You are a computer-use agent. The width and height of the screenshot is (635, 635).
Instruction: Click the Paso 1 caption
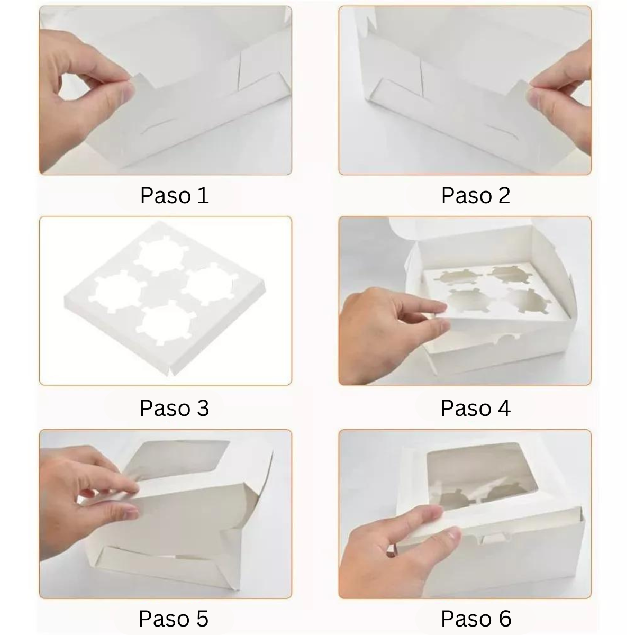175,196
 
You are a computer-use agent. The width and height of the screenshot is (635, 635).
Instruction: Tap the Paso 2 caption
475,196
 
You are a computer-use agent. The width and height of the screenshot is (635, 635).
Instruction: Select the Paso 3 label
175,408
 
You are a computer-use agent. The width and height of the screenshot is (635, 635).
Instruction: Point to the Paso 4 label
475,408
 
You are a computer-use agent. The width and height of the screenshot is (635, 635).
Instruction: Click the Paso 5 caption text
174,618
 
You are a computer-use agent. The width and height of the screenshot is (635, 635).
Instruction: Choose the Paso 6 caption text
475,618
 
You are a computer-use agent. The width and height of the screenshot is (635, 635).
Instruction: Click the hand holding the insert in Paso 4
381,328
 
